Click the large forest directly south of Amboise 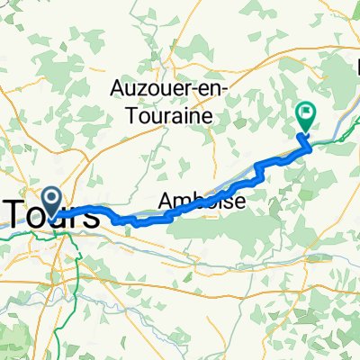tap(216, 238)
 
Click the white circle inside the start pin tap(50, 197)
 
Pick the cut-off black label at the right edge tap(355, 67)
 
